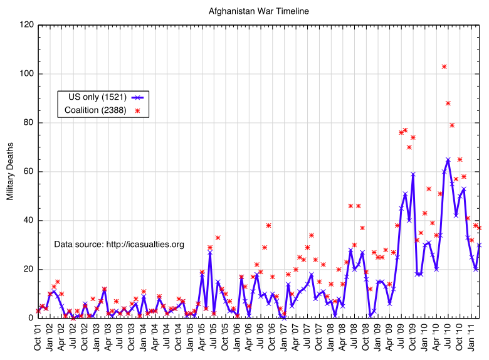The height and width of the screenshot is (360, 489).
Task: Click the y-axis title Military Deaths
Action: [10, 171]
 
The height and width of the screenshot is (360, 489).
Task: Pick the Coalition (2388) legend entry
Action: [96, 110]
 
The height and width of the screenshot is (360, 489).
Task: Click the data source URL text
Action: [119, 244]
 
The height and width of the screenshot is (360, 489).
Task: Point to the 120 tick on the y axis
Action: [26, 25]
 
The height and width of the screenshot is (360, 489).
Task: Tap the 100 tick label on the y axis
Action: [26, 74]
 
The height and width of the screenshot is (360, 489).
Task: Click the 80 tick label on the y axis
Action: [28, 123]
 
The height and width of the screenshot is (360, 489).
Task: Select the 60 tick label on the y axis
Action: [28, 172]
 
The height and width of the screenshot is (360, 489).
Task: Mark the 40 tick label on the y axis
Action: [28, 221]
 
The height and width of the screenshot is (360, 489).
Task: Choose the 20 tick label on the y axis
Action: [28, 270]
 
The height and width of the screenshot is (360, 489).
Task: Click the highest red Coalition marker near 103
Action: [444, 66]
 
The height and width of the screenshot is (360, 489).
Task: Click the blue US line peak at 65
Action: [448, 159]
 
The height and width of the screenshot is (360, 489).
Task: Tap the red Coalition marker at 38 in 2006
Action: [268, 225]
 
